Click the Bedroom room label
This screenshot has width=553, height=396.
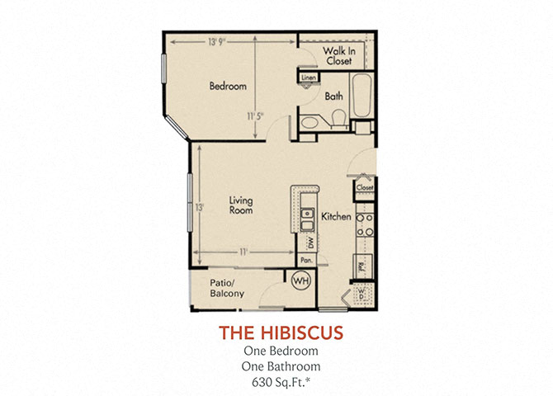pyautogui.click(x=227, y=85)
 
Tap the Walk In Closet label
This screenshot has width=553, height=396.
pyautogui.click(x=338, y=56)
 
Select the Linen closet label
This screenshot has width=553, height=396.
pyautogui.click(x=309, y=78)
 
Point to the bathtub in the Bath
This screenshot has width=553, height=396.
pyautogui.click(x=362, y=98)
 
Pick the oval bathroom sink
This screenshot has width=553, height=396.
pyautogui.click(x=310, y=123)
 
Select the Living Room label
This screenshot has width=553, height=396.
pyautogui.click(x=240, y=205)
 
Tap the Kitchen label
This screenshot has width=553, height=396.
pyautogui.click(x=337, y=216)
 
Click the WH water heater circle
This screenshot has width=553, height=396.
pyautogui.click(x=300, y=280)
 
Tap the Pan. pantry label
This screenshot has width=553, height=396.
pyautogui.click(x=306, y=260)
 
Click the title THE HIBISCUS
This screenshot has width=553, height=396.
pyautogui.click(x=281, y=332)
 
